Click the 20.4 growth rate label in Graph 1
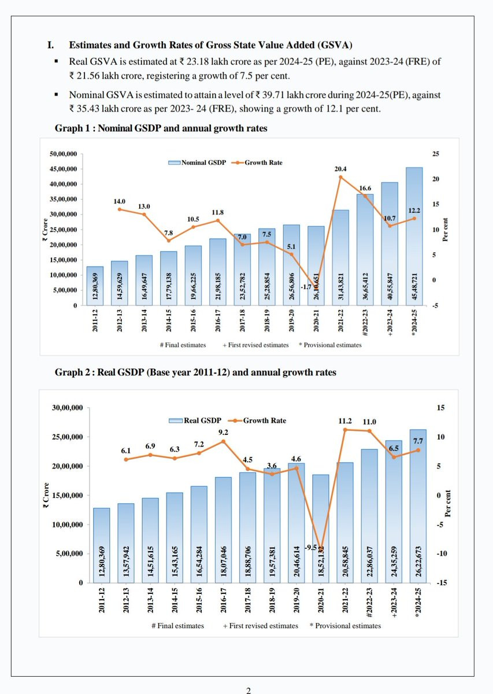coord(340,169)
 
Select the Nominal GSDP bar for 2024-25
coord(414,237)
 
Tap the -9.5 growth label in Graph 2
coord(310,548)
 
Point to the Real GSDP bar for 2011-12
coord(102,545)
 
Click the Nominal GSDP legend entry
coord(197,163)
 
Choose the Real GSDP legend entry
coord(195,420)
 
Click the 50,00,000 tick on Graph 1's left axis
coord(63,154)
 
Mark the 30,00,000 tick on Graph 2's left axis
coord(68,408)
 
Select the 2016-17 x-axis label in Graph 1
coord(218,320)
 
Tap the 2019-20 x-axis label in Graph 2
coord(296,600)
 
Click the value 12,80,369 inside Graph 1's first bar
coord(95,286)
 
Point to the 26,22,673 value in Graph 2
coord(418,562)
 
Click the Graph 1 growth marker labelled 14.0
coord(120,209)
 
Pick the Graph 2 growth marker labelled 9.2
coord(223,441)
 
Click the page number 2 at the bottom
coord(249,691)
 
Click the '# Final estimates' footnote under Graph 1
coord(183,345)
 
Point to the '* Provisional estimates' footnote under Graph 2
coord(345,626)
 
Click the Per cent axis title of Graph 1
coord(445,230)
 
